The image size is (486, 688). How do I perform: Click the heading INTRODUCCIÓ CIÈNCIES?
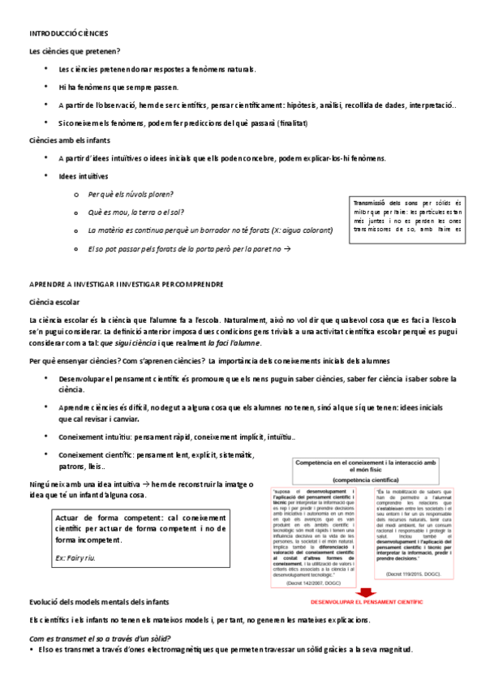point(68,33)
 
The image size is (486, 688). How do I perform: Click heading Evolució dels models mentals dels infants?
point(99,602)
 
